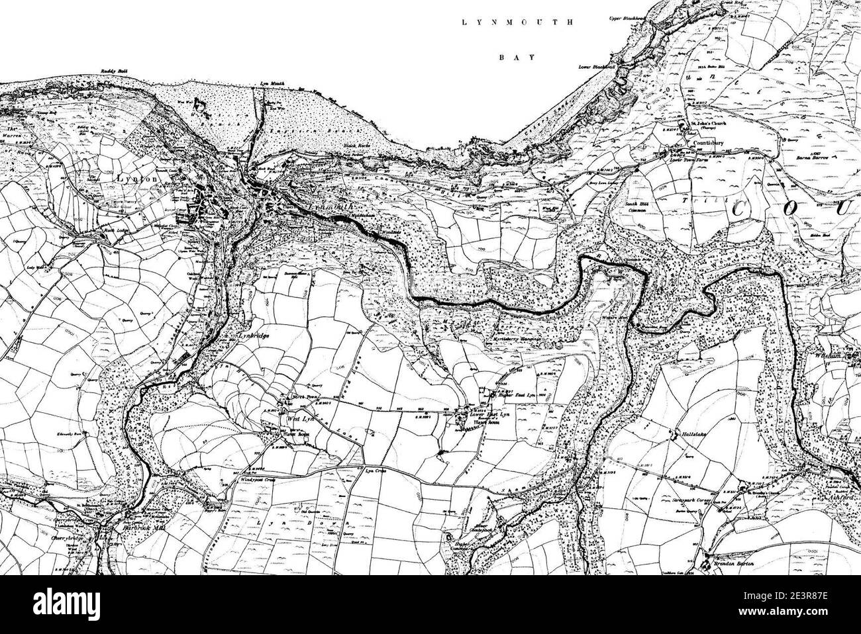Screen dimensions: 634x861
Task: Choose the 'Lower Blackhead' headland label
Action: (x=597, y=67)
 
